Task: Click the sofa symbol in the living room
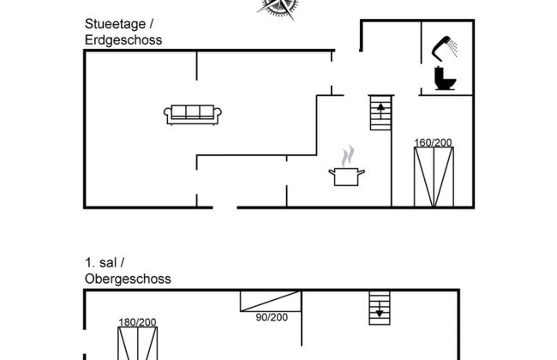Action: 195,113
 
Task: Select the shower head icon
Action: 444,45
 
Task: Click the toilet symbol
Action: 446,80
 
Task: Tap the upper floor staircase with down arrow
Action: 379,307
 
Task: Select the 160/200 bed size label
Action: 433,142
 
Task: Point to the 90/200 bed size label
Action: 273,317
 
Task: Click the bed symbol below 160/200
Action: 433,177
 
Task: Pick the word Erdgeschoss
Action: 123,39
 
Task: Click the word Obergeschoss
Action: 128,279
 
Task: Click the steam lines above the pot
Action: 347,156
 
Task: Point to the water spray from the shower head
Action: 461,45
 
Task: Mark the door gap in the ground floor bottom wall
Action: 225,206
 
